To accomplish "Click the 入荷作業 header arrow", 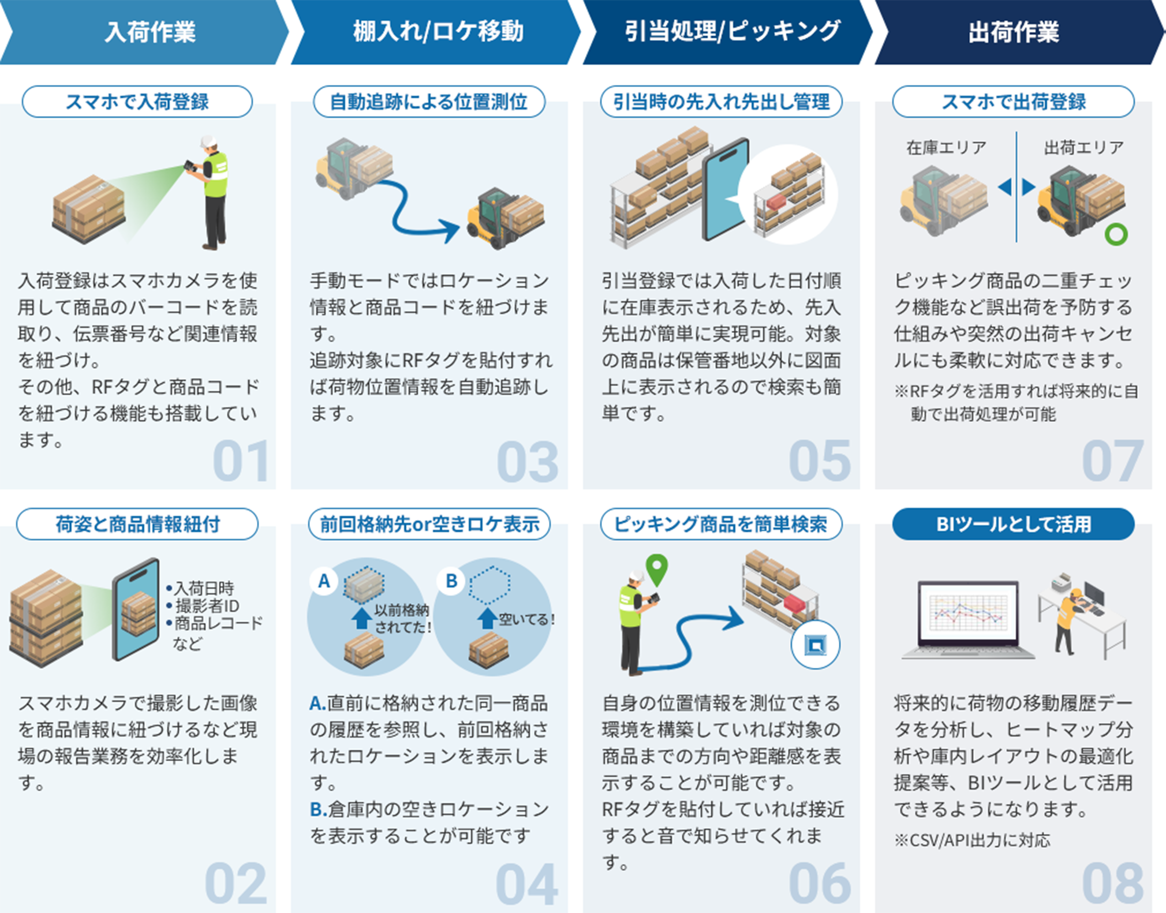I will (x=144, y=32).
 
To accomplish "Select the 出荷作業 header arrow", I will (x=1014, y=32).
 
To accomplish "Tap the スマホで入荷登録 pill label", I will (x=137, y=102).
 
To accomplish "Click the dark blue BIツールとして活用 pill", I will (x=1013, y=524).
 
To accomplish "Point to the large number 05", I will (x=820, y=461).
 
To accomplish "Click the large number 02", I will (x=236, y=883).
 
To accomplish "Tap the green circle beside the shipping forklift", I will (x=1116, y=234).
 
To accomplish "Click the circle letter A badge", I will (x=324, y=581).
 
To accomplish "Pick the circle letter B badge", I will (x=451, y=581).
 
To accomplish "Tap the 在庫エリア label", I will (x=945, y=148).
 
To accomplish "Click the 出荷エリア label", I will (x=1083, y=148).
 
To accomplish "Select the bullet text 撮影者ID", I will (x=207, y=606).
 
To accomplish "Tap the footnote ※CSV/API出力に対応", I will (x=972, y=840).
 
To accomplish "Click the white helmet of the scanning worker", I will (x=208, y=141).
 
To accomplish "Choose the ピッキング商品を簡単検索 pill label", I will (x=720, y=524).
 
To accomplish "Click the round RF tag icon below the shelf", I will (x=815, y=645).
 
